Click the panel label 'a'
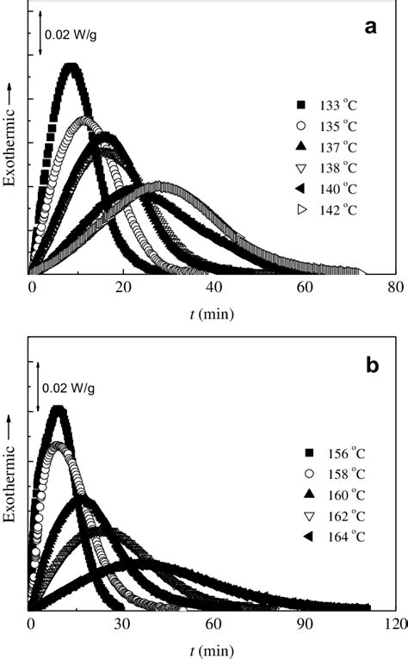(371, 28)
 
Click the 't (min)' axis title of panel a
(213, 313)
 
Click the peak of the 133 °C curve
(71, 65)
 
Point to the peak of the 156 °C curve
(58, 407)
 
